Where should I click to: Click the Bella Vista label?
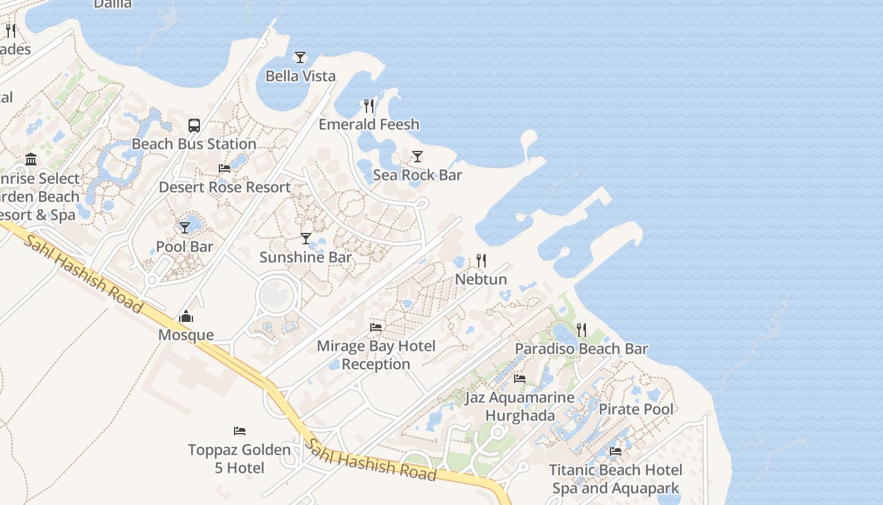click(x=300, y=76)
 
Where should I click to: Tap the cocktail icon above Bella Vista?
click(x=300, y=57)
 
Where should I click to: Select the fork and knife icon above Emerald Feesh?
click(x=369, y=105)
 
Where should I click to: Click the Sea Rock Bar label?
click(x=418, y=175)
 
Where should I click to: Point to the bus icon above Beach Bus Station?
click(x=194, y=126)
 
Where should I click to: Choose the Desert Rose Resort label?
click(x=225, y=187)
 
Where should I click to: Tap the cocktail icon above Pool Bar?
click(x=185, y=227)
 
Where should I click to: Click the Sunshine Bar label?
click(x=306, y=257)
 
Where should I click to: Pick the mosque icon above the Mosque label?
click(x=186, y=316)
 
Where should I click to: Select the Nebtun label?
click(x=481, y=279)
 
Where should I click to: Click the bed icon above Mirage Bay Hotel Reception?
click(x=376, y=328)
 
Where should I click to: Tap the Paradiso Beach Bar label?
click(x=581, y=348)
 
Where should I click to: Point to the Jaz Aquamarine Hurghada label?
click(x=520, y=407)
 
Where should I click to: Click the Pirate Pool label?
click(x=636, y=409)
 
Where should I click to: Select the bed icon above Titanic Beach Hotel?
click(x=616, y=451)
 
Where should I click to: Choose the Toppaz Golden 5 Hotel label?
click(x=239, y=459)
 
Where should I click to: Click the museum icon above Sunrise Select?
click(x=31, y=160)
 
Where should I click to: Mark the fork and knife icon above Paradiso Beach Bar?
click(x=581, y=330)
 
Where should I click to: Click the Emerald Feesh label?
click(x=369, y=124)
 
